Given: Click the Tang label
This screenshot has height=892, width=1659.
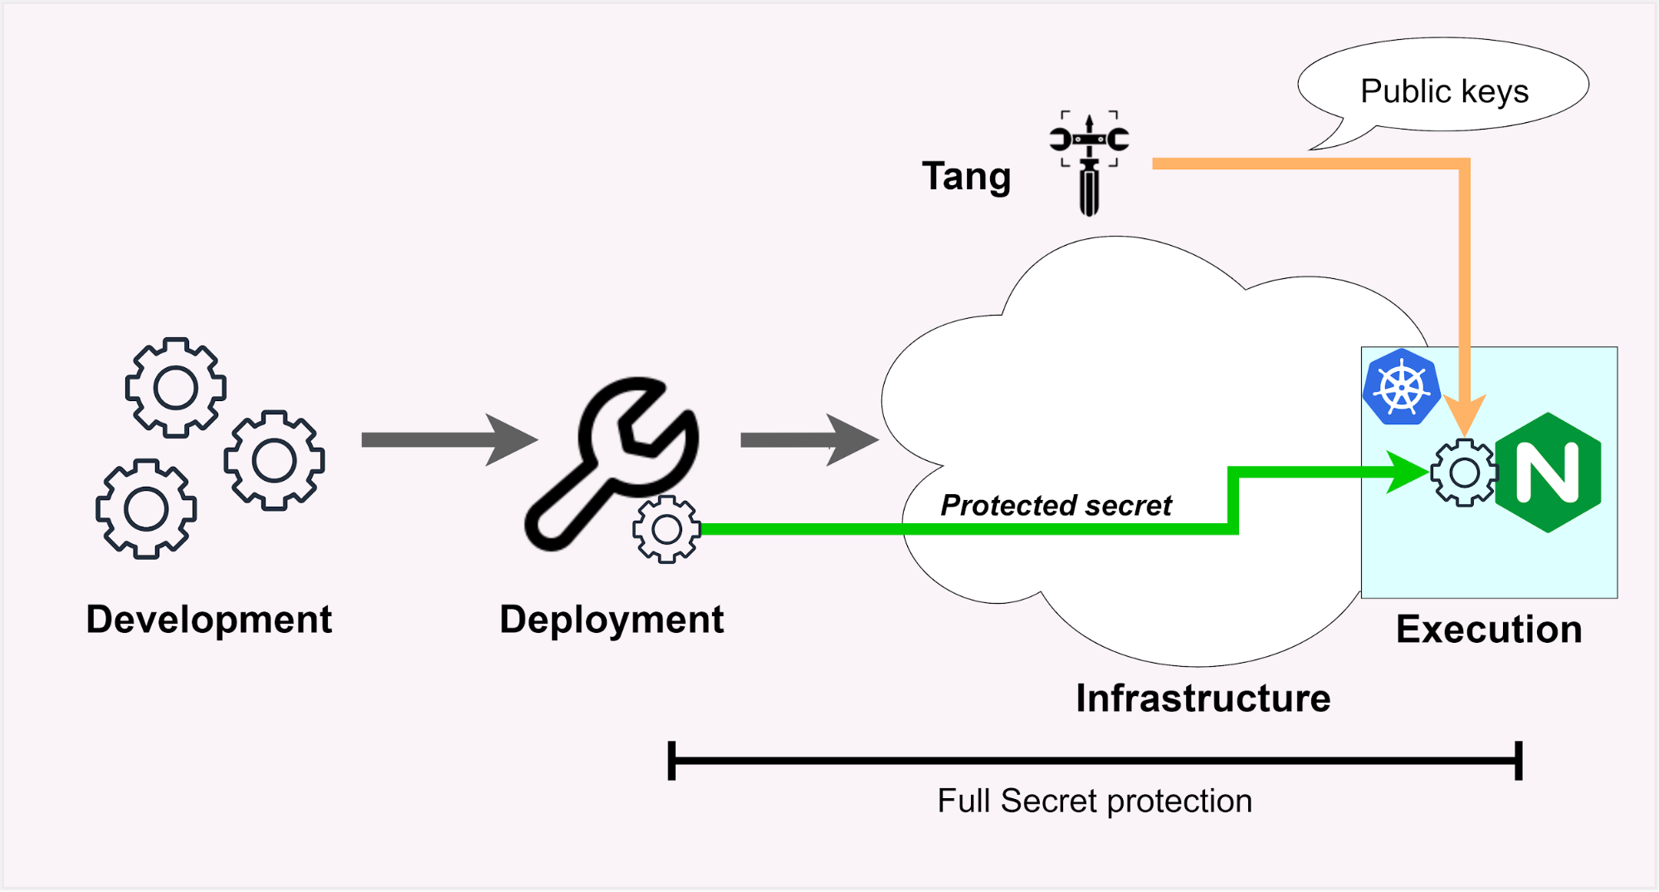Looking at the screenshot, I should tap(966, 176).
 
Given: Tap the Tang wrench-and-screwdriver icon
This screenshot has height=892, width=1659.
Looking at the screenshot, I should tap(1089, 163).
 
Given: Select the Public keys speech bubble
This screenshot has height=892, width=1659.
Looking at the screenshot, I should tap(1444, 88).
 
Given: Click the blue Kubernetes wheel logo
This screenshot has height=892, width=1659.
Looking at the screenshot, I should tap(1402, 387).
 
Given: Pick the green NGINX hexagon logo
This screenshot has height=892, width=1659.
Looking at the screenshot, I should tap(1548, 472).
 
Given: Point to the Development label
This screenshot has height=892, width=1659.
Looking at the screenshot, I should tap(209, 620).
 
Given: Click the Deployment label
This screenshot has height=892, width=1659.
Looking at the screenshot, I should tap(612, 620).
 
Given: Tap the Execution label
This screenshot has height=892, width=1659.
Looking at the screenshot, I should tap(1489, 630).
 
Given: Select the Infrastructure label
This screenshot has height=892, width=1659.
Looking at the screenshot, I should tap(1203, 698).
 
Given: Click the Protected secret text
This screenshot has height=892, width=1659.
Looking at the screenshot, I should tap(1056, 505).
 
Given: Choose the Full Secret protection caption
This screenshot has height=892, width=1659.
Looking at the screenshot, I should tap(1094, 801).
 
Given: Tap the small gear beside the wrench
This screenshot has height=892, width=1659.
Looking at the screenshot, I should tap(666, 529).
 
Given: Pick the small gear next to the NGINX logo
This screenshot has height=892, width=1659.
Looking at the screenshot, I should tap(1464, 473).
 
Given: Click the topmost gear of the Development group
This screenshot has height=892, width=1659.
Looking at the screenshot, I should tap(175, 388).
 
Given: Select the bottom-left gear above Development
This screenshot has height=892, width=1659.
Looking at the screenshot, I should tap(146, 508).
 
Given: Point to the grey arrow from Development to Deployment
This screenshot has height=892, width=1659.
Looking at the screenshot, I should tap(448, 439).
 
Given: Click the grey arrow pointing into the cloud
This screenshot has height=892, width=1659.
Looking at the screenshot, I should tap(808, 440).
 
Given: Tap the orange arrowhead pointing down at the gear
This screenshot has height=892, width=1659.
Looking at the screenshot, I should tap(1465, 414).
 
